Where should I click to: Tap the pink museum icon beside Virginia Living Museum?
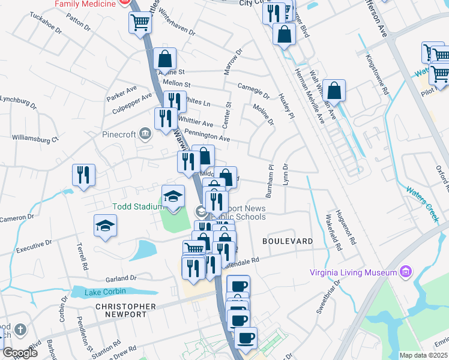click(406, 272)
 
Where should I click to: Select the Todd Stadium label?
click(137, 207)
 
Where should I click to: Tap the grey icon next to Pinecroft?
click(145, 133)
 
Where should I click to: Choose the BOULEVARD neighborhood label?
click(288, 241)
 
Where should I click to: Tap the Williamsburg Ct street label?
click(38, 139)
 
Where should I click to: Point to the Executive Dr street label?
click(35, 247)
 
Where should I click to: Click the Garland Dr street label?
click(121, 278)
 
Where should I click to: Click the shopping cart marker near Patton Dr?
click(140, 23)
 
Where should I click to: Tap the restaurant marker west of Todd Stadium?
click(84, 175)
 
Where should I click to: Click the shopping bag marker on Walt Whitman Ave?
click(334, 91)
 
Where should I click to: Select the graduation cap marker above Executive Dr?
click(105, 226)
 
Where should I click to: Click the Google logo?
click(20, 353)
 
